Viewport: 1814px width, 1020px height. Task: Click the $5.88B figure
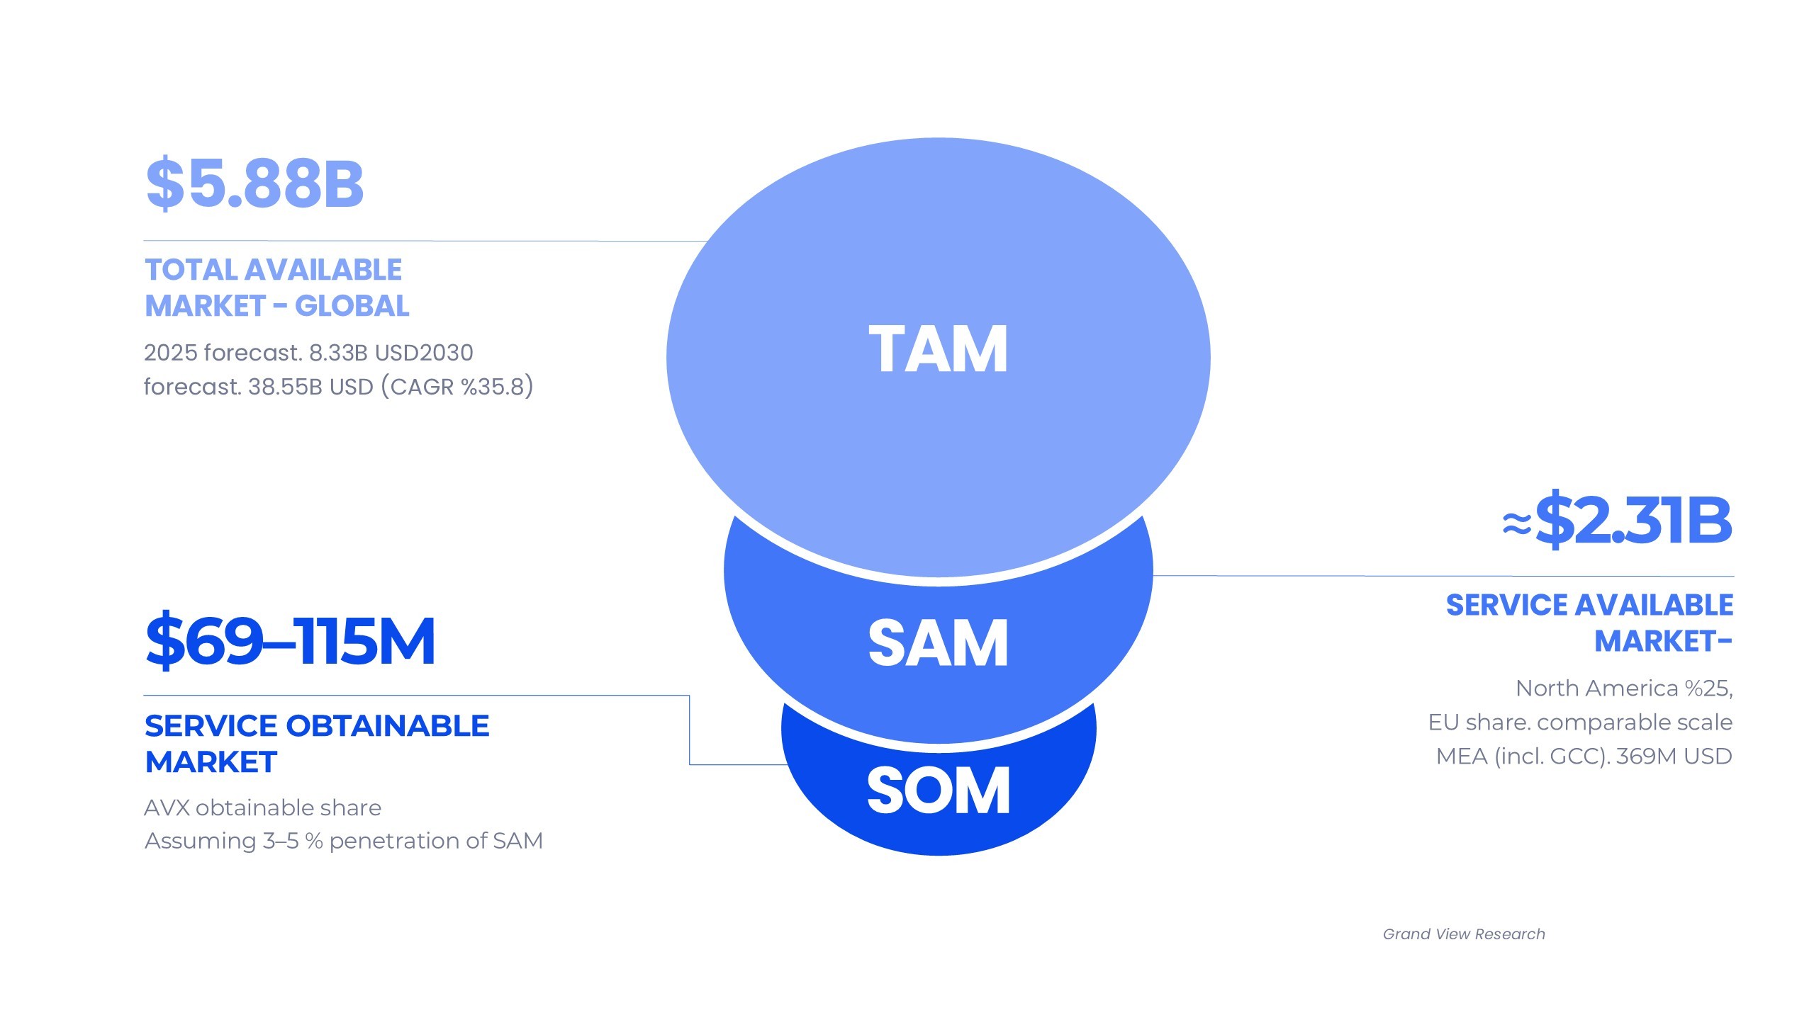(254, 183)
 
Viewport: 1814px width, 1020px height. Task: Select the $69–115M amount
(290, 641)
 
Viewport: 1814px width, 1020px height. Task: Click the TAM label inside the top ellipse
(938, 349)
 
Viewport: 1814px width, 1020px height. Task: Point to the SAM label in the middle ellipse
(938, 643)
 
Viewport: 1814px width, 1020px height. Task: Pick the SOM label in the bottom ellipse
(938, 791)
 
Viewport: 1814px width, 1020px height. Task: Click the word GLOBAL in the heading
(352, 307)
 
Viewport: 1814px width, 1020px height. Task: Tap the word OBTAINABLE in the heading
(387, 726)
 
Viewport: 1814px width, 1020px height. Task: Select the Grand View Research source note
(1463, 934)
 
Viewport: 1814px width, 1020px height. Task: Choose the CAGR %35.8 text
(457, 387)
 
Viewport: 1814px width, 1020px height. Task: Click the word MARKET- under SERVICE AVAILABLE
(1663, 642)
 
